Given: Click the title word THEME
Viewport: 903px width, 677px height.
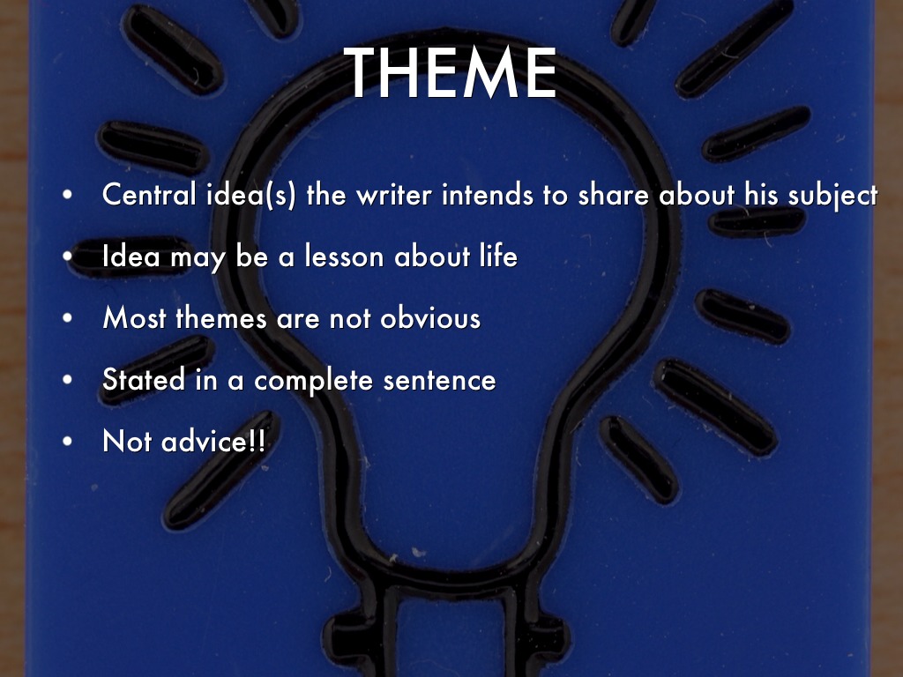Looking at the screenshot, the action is coord(450,73).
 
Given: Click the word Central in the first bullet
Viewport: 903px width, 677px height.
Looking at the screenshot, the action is coord(149,194).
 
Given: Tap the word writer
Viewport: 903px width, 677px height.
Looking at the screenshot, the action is coord(394,195).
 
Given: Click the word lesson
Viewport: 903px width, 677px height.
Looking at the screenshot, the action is coord(344,256).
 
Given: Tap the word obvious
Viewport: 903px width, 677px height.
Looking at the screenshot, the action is coord(430,317).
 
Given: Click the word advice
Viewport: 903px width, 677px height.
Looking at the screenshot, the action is coord(205,441).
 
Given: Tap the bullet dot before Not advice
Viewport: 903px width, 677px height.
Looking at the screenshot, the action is coord(67,442).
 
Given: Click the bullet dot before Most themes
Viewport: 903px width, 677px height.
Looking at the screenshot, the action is coord(67,317).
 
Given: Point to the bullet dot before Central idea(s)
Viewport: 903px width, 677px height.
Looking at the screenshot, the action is coord(67,195).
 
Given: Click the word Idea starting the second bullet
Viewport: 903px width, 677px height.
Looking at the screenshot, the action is coord(131,256).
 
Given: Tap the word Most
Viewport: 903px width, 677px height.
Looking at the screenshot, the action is coord(134,317).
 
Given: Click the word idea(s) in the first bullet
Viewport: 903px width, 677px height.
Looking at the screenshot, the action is coord(251,195).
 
